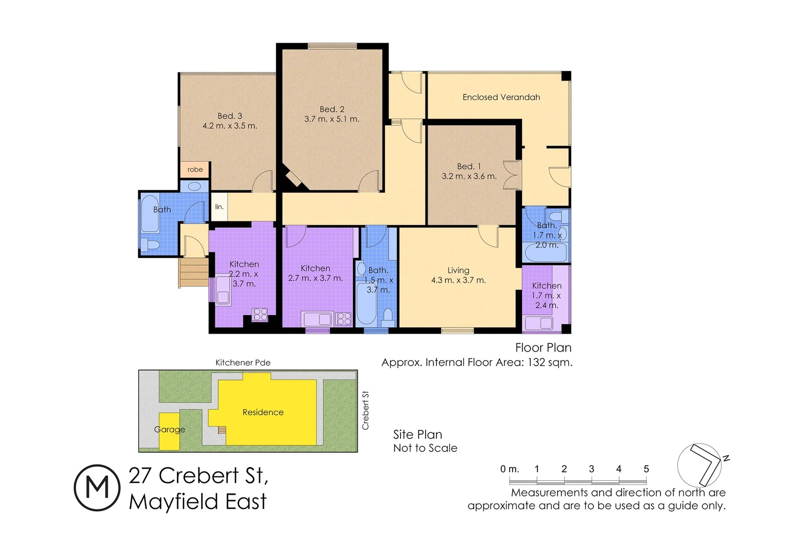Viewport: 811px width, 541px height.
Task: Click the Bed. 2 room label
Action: (332, 109)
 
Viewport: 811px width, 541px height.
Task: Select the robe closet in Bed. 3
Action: (195, 169)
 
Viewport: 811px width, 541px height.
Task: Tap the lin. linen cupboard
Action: (219, 206)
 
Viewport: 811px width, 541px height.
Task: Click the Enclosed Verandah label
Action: (501, 97)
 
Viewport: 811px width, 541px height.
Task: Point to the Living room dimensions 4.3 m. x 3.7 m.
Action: (458, 280)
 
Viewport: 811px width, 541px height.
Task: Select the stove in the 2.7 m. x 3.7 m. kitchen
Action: (343, 319)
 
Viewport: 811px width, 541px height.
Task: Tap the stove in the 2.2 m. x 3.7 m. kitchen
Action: (260, 315)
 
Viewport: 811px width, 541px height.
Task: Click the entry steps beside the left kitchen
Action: (194, 273)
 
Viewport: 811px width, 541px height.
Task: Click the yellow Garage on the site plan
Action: (169, 431)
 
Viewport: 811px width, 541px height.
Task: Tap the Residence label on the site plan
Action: (263, 412)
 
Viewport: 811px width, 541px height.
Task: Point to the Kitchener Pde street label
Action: (243, 363)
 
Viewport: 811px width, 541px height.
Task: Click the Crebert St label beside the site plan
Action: (365, 410)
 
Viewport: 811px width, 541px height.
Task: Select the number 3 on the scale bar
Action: (591, 469)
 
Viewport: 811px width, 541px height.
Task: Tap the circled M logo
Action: (97, 487)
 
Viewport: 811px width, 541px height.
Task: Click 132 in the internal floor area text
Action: (536, 362)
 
